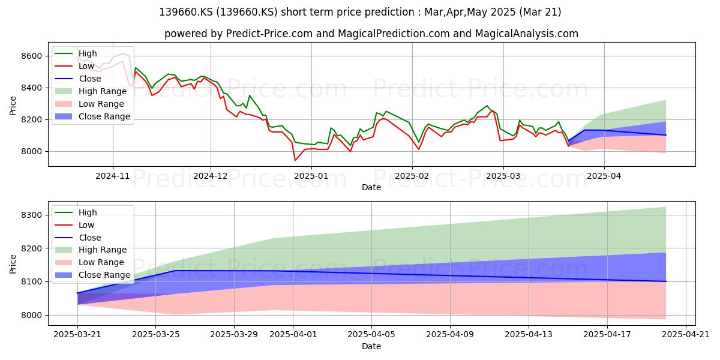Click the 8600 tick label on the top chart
tap(31, 56)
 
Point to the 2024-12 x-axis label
tap(211, 176)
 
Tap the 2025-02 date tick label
tap(412, 176)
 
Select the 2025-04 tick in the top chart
tap(604, 176)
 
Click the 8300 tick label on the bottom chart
tap(31, 215)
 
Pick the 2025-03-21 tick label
tap(77, 335)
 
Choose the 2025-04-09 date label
tap(450, 335)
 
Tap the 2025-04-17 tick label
tap(607, 335)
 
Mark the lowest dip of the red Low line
tap(295, 160)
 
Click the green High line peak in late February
tap(487, 106)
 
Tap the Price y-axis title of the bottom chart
tap(13, 264)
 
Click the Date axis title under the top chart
tap(371, 187)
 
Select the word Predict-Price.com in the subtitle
tap(269, 34)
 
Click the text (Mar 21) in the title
tap(541, 12)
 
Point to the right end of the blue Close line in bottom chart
tap(665, 281)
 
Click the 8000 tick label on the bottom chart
tap(31, 316)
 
